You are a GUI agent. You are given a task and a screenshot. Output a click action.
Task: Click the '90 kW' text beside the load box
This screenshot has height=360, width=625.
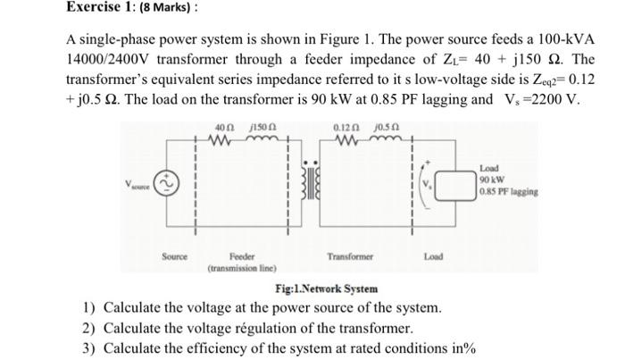[493, 178]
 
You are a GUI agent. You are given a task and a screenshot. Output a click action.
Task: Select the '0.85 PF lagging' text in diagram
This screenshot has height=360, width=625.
[511, 189]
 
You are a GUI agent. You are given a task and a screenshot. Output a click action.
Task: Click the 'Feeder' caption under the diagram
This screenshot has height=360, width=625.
[243, 256]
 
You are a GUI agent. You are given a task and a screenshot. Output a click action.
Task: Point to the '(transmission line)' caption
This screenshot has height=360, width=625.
[243, 267]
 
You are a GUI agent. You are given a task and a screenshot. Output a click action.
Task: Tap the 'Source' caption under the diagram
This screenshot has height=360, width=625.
[174, 256]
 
